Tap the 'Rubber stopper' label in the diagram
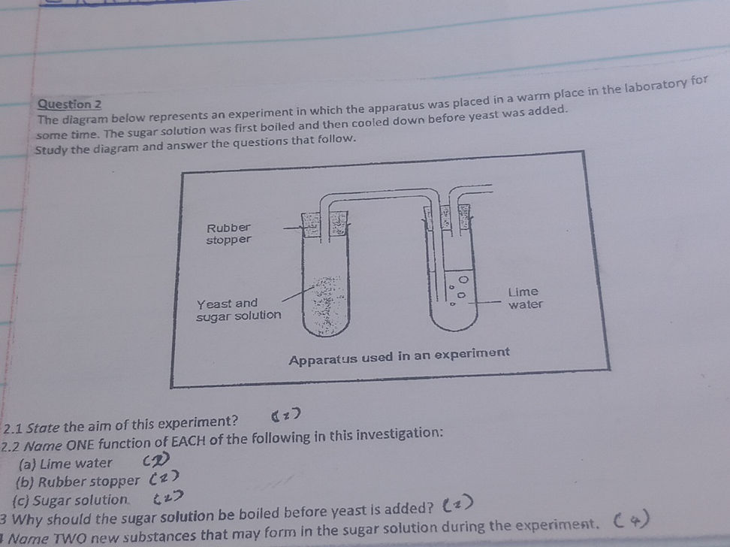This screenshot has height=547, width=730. pyautogui.click(x=228, y=233)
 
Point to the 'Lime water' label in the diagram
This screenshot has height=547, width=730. pyautogui.click(x=524, y=298)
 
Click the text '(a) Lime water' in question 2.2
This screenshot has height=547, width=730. pyautogui.click(x=66, y=464)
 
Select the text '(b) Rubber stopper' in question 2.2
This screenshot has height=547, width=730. pyautogui.click(x=79, y=482)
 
